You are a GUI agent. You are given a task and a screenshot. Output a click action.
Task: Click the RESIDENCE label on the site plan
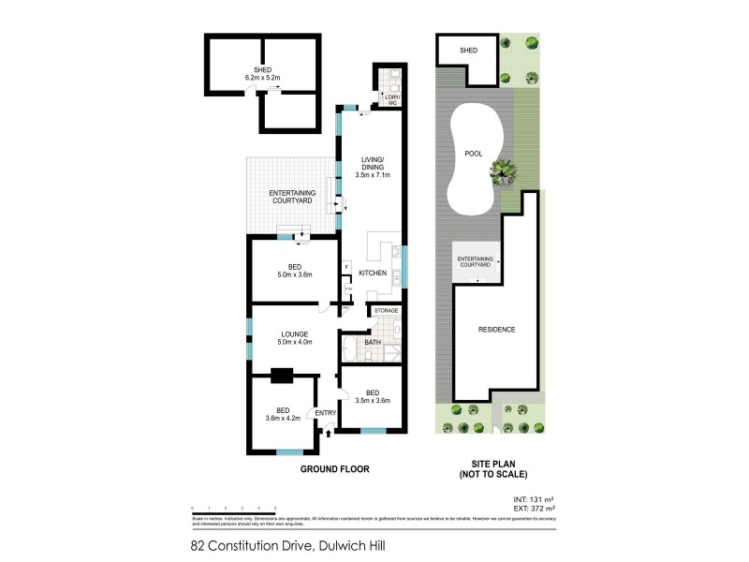point(496,330)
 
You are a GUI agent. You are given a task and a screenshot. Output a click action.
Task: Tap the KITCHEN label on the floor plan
point(372,273)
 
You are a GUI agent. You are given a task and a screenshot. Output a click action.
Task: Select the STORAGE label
point(386,310)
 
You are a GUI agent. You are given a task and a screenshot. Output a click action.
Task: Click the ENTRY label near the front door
point(325,413)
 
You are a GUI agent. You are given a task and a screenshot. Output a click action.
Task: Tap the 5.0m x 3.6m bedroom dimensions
point(293,274)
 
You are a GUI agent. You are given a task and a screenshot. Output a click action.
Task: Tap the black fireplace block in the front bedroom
point(280,377)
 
